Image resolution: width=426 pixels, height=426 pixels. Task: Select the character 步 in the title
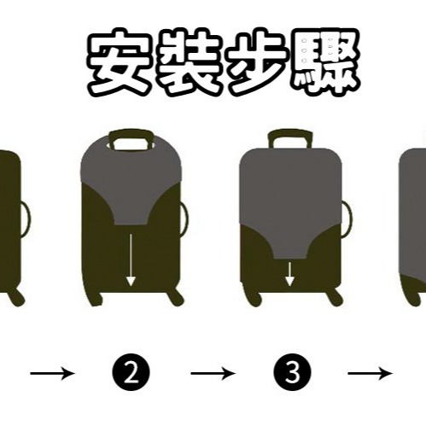(258, 61)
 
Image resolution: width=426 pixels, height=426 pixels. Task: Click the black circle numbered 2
(131, 373)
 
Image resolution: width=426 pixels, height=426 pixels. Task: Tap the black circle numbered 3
(292, 372)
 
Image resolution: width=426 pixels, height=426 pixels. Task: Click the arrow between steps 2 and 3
(213, 373)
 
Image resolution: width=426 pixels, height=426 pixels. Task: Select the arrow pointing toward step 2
(53, 373)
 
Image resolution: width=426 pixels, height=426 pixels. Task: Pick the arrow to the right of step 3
(371, 373)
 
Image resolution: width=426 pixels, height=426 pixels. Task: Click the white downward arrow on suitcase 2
(131, 260)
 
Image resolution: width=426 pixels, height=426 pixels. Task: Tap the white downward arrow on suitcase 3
(289, 274)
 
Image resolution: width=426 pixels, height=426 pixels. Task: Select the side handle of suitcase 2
(185, 219)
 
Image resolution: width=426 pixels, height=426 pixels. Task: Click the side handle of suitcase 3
(347, 219)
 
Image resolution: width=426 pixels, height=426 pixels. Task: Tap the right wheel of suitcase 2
(177, 298)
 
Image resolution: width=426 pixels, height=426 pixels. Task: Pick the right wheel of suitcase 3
(336, 298)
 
